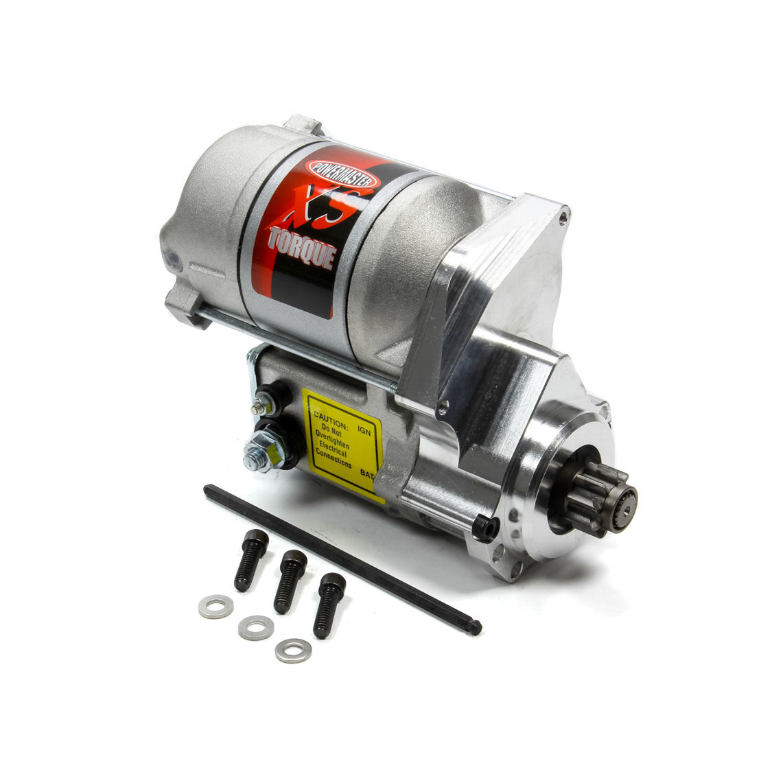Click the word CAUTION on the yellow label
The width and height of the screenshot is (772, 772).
(x=331, y=416)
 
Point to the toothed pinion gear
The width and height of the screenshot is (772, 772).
(x=596, y=491)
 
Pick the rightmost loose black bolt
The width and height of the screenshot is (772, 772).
(x=329, y=605)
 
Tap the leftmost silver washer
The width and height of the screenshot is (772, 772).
(x=215, y=607)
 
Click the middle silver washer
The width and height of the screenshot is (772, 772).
(x=255, y=627)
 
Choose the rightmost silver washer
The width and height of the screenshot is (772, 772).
(x=293, y=650)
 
